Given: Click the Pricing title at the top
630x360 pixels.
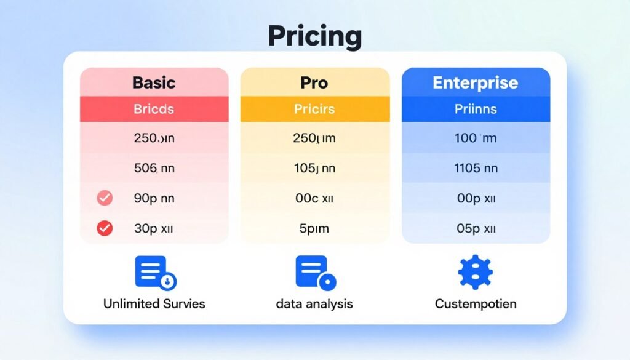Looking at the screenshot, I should [314, 37].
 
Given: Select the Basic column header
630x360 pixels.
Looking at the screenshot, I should [154, 82].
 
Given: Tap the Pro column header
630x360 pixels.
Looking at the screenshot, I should [314, 82].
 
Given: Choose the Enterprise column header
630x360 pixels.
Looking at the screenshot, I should [476, 82].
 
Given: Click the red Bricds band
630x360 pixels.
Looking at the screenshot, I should [154, 110].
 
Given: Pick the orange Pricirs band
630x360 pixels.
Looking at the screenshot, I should [314, 110].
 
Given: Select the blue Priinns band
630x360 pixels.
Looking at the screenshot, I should [476, 110].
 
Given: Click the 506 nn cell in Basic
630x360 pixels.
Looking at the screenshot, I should [154, 168].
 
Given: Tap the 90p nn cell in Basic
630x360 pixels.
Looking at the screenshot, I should [154, 198].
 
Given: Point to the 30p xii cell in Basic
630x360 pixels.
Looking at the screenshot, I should [154, 228].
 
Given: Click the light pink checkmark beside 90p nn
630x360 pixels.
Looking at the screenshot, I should [105, 198].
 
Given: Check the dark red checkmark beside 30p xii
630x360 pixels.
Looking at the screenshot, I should [105, 228].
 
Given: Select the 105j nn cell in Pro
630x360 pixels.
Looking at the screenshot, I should [314, 168].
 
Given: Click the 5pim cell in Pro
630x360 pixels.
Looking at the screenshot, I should [314, 228].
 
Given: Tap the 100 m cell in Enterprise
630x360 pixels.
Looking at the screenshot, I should [476, 138].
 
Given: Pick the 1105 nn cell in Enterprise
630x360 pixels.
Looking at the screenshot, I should [476, 168].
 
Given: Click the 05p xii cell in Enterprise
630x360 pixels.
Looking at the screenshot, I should [476, 228].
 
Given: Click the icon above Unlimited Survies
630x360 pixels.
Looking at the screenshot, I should [154, 273].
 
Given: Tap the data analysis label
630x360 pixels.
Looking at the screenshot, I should [314, 303].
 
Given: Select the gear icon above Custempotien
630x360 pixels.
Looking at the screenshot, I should [476, 273].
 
